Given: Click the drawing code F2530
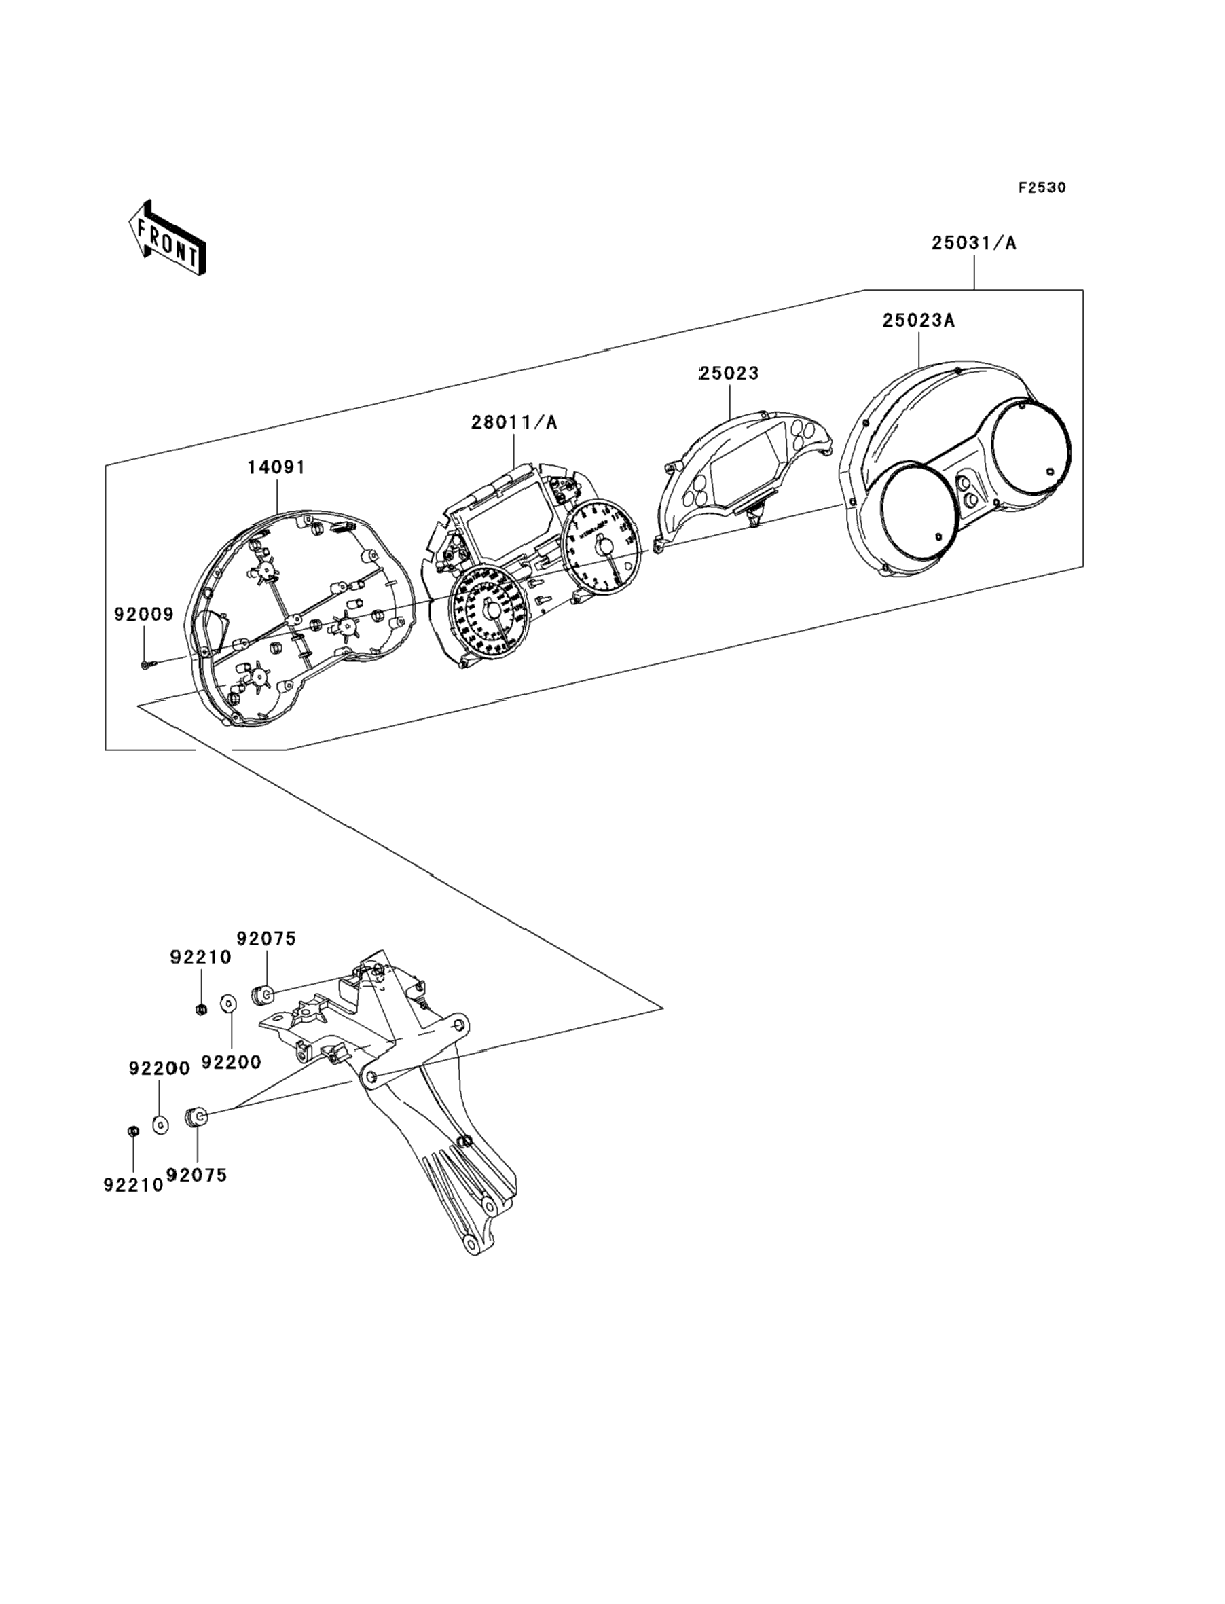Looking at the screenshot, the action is coord(1042,187).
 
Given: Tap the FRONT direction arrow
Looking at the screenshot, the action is coord(167,239).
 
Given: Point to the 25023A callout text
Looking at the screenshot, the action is coord(918,320).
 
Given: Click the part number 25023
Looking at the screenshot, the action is coord(729,373).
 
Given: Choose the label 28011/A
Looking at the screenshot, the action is coord(513,422).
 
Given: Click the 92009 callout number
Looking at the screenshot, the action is coord(144,614).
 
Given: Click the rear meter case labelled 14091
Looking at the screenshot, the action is coord(292,620).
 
